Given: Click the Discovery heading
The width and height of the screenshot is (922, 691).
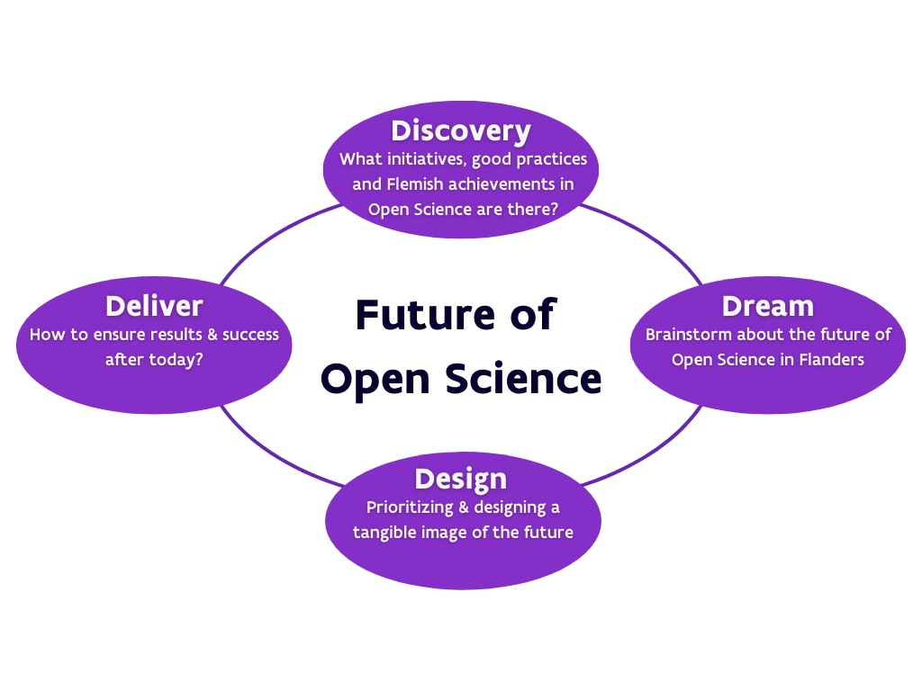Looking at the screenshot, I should tap(460, 131).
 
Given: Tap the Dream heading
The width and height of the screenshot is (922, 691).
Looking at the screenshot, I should tap(767, 306).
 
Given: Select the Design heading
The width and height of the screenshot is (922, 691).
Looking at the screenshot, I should tap(460, 479).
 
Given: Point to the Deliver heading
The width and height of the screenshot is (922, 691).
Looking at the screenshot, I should tap(154, 306).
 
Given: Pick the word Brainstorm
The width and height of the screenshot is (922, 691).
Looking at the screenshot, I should tap(689, 335).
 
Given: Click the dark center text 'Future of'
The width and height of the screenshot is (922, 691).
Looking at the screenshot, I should tap(456, 315).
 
